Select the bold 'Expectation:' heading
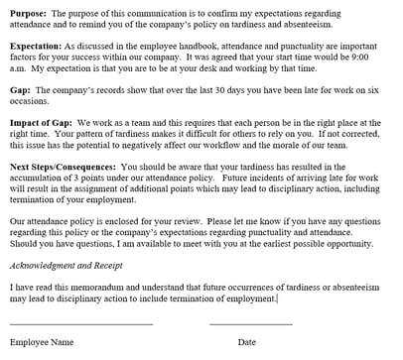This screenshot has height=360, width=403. tap(41, 47)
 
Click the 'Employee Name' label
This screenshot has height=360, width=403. tap(41, 342)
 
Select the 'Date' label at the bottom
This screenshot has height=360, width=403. tap(246, 342)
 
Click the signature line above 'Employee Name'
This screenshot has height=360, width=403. tap(80, 323)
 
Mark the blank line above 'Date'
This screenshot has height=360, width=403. tap(250, 323)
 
